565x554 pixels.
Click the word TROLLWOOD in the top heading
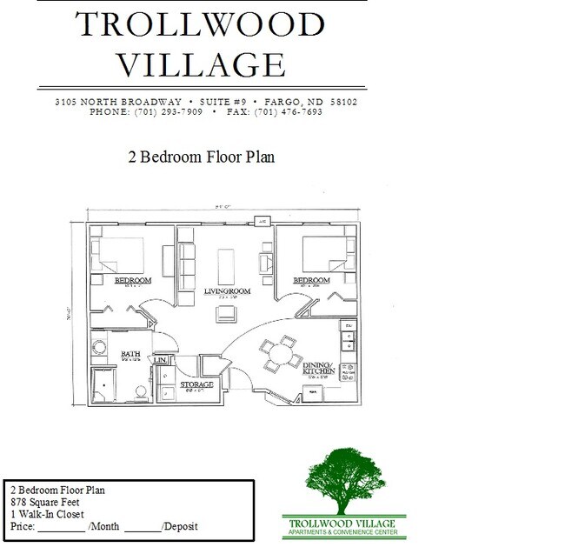click(201, 24)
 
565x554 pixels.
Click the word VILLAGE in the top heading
click(201, 63)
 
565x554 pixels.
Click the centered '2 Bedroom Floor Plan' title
click(201, 157)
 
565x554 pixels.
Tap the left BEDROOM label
click(134, 280)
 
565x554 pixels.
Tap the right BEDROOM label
click(310, 280)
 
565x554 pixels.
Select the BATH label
click(130, 354)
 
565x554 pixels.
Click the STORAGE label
click(196, 384)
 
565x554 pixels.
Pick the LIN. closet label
click(160, 359)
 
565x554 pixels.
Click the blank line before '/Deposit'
click(143, 526)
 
